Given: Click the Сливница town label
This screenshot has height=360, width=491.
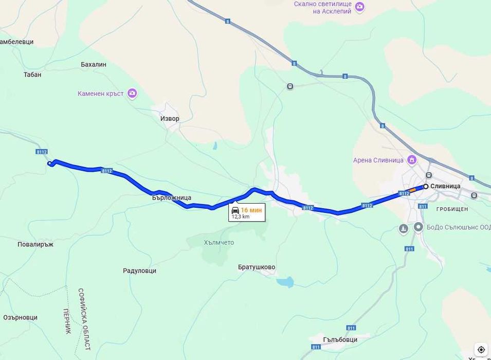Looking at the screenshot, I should (445, 186).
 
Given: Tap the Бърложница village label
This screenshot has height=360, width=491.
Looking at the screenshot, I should (172, 197).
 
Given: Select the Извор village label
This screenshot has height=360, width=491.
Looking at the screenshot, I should (170, 119).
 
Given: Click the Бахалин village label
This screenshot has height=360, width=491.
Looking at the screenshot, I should (94, 64).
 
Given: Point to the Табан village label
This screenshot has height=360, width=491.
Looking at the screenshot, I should (32, 75).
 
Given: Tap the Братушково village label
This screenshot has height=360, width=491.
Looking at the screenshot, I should (257, 267).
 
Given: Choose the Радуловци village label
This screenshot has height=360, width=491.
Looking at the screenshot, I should (139, 271).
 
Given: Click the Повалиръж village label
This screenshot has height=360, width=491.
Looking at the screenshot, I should (35, 244).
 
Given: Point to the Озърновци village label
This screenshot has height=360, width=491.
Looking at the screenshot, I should (21, 318).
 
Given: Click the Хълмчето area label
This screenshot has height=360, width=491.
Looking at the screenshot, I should (219, 243).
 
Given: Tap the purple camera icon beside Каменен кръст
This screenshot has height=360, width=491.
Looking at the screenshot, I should (132, 93).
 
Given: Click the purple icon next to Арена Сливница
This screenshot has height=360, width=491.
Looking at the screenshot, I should (412, 159).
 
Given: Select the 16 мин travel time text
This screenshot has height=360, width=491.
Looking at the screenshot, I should (251, 210).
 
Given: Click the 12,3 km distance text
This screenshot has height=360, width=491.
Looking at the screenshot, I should (241, 217).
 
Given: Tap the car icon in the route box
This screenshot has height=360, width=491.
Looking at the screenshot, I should (235, 210).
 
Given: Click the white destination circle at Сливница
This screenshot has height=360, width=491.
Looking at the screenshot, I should (426, 186).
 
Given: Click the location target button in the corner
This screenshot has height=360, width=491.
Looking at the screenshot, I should (481, 350).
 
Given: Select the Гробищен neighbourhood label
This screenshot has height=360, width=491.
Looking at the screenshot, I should (452, 209).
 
